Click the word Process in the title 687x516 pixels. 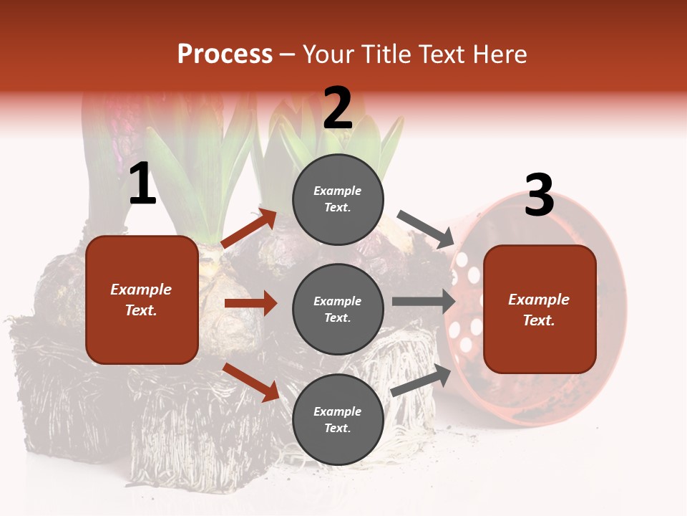[x=225, y=54]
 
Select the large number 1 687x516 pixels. [x=142, y=184]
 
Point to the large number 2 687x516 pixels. [x=337, y=108]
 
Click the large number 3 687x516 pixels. [x=539, y=196]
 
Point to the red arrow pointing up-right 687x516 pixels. [x=249, y=228]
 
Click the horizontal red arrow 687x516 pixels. [x=250, y=304]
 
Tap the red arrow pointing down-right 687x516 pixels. [x=251, y=381]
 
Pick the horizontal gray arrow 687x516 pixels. [x=423, y=302]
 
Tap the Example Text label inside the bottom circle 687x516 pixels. [x=337, y=420]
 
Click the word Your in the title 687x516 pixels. [x=329, y=54]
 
